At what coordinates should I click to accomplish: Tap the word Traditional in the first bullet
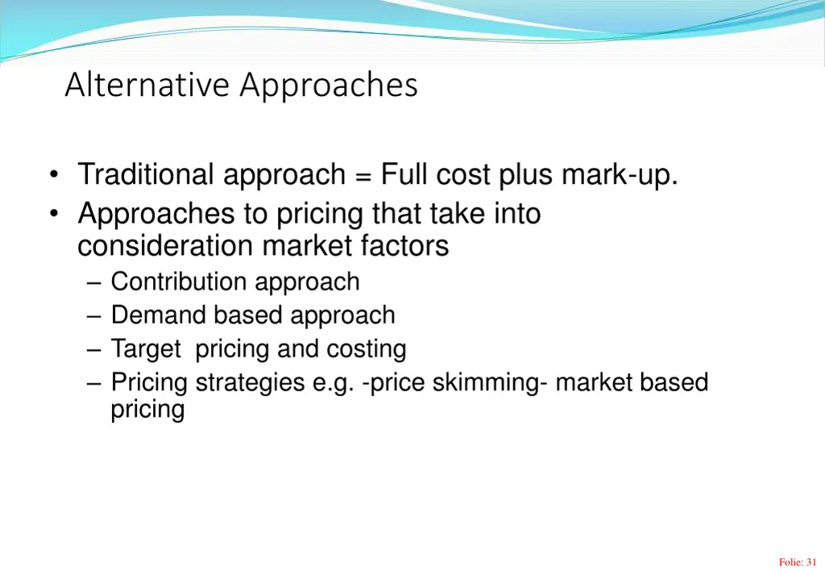146,174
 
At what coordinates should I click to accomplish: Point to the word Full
404,174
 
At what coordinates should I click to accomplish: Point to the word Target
146,349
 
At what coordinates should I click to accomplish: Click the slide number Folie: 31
798,562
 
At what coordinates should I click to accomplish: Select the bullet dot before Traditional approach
54,175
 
